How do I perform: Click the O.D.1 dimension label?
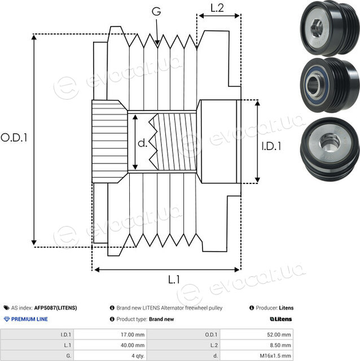tap(14, 138)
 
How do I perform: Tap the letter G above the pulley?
tap(156, 11)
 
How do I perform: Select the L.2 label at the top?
tap(217, 8)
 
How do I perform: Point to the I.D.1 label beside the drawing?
tap(271, 146)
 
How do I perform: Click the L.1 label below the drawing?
tap(174, 280)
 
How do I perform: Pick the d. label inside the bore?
tap(142, 143)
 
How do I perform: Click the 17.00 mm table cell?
tap(133, 334)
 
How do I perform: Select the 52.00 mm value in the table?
tap(279, 334)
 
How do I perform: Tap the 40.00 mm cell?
tap(133, 345)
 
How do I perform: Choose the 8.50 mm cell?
tap(280, 345)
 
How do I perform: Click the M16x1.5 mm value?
tap(275, 356)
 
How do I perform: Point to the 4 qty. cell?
tap(138, 356)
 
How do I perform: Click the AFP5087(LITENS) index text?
tap(55, 308)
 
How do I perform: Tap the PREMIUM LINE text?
tap(29, 319)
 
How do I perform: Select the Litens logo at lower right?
tap(281, 319)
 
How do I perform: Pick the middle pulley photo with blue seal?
tap(330, 85)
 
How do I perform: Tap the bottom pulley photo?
tap(330, 149)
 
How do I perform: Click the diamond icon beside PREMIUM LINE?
tap(7, 319)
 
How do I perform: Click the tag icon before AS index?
tap(6, 308)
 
